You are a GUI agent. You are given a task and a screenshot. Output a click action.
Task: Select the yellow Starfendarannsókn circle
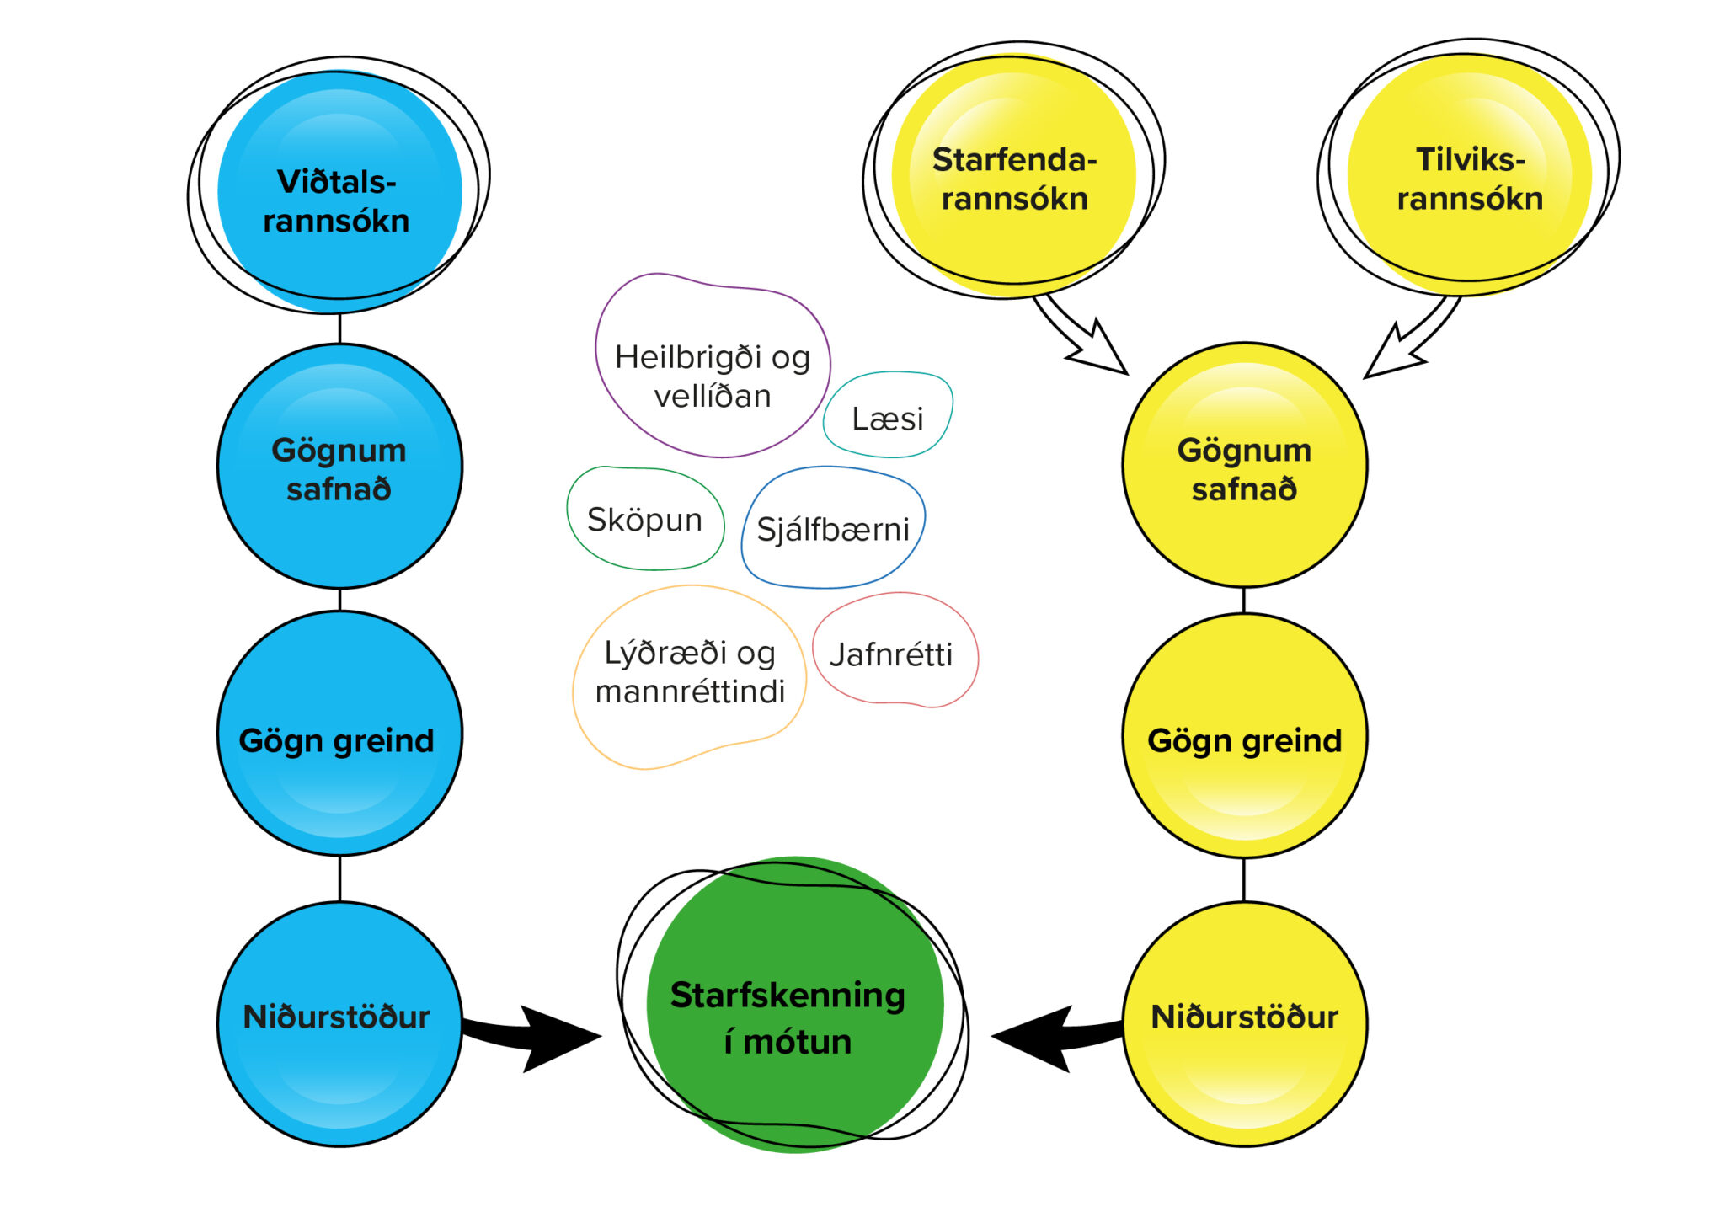(x=1014, y=177)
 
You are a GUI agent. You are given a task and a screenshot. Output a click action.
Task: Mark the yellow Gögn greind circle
(x=1244, y=736)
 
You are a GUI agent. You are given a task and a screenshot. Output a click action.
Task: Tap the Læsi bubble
(x=888, y=416)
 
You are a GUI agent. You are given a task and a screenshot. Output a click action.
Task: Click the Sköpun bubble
(x=645, y=519)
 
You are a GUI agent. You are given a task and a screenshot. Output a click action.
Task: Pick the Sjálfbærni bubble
(x=833, y=528)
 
